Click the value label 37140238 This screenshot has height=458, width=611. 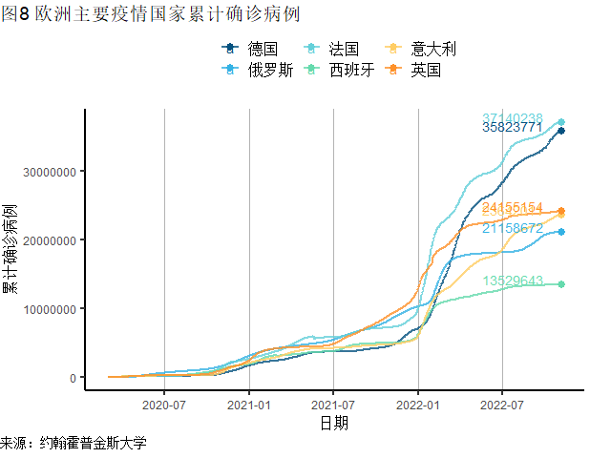coord(513,118)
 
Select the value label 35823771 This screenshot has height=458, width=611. coord(513,127)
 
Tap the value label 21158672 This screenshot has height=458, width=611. coord(513,228)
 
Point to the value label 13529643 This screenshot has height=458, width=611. coord(513,281)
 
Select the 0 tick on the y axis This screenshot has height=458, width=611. coord(74,378)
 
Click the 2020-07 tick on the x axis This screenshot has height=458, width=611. coord(164,404)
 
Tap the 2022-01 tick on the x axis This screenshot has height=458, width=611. coord(418,404)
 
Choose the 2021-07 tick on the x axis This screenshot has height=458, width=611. coord(333,404)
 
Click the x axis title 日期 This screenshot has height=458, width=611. coord(333,423)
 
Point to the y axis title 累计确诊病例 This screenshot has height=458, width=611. coord(11,247)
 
